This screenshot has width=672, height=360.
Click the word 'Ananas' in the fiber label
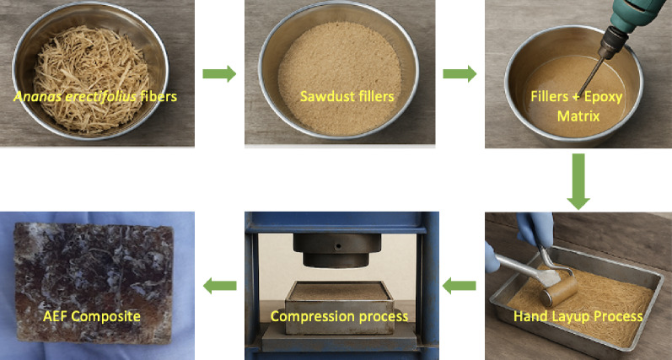[32, 96]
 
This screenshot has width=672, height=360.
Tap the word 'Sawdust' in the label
[321, 96]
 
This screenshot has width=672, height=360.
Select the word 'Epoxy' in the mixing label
[605, 97]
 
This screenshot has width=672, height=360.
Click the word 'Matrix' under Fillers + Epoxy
[578, 116]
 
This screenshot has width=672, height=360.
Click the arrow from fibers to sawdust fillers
[219, 73]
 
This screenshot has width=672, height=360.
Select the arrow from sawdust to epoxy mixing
[460, 73]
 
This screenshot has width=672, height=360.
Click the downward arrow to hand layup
[578, 181]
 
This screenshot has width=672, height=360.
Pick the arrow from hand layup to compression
[459, 286]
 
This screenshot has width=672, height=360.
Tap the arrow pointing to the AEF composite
[219, 286]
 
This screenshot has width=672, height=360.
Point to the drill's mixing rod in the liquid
[590, 77]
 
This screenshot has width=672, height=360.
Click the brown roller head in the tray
[559, 292]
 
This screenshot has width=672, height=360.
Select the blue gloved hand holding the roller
[535, 229]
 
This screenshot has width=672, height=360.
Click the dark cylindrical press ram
[336, 250]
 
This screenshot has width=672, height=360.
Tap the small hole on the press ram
[339, 246]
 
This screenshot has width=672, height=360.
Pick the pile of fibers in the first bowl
[91, 78]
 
